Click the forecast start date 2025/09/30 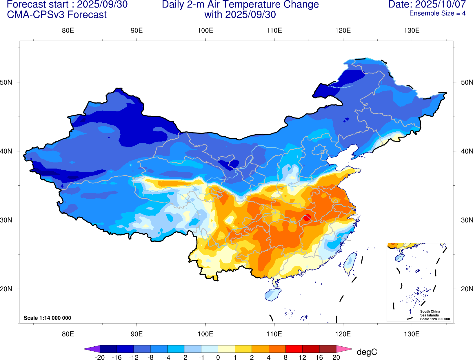coord(102,5)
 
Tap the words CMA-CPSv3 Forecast coord(57,15)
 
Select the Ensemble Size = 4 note coord(437,13)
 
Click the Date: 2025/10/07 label coord(427,5)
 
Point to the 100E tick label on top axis coord(205,31)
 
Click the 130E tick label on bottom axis coord(412,334)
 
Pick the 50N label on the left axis coord(6,82)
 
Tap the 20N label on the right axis coord(467,289)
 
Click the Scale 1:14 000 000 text coord(47,318)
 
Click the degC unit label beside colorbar coord(367,352)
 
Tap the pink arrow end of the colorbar coord(345,349)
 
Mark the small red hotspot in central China coord(307,217)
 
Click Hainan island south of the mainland coord(273,294)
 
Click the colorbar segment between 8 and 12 coord(294,349)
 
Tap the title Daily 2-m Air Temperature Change coord(240,5)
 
